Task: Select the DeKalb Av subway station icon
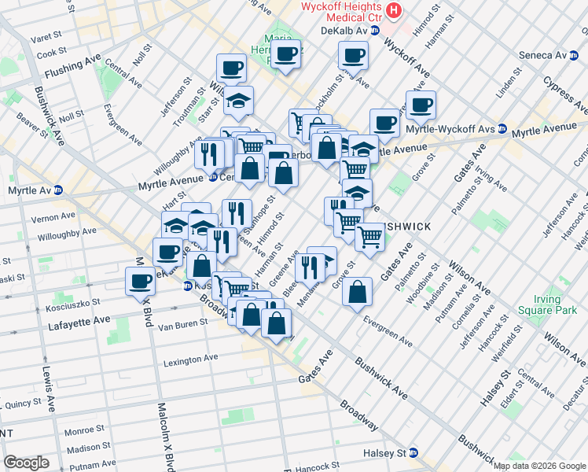[x=375, y=31]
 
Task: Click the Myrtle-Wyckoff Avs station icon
[x=502, y=130]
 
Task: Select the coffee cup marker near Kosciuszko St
[x=141, y=280]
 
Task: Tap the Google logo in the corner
[x=27, y=463]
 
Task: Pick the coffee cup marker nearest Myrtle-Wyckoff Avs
[x=421, y=104]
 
